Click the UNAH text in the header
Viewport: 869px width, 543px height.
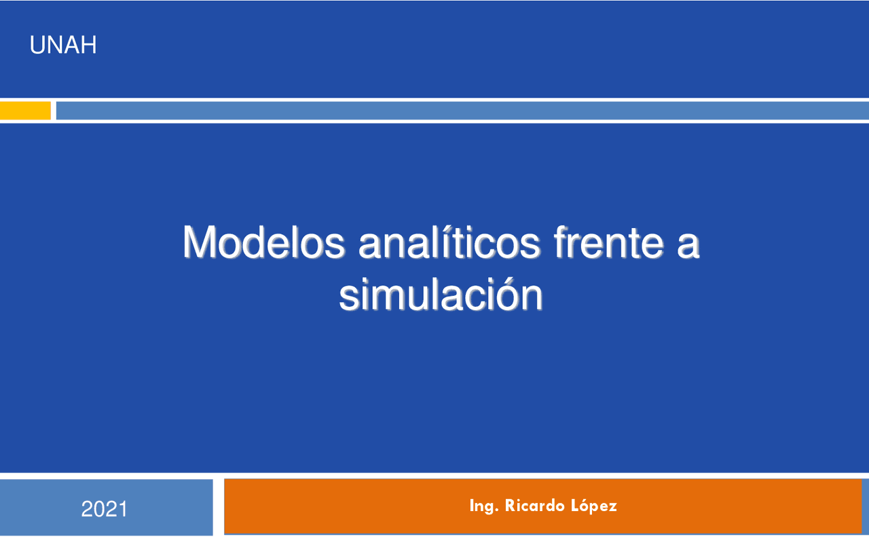pos(63,45)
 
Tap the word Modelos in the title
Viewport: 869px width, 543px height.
pos(263,242)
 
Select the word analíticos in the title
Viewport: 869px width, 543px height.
pos(449,242)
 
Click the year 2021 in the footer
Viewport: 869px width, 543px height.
pos(105,509)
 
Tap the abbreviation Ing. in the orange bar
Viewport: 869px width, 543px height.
pos(483,506)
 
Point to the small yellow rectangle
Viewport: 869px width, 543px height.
pos(25,110)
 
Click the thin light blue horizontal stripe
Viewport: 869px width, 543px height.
pos(462,110)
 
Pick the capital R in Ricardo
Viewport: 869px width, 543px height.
pos(510,506)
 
